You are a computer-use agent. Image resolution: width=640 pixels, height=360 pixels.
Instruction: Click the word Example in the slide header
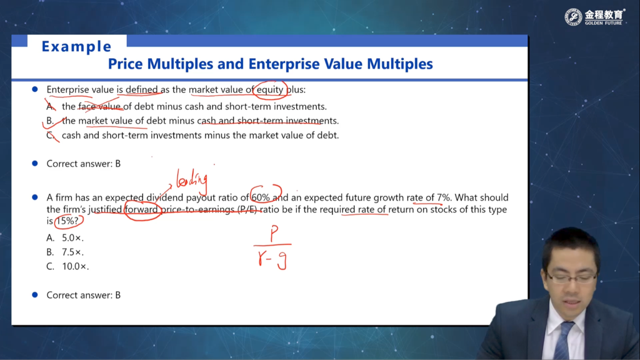click(76, 46)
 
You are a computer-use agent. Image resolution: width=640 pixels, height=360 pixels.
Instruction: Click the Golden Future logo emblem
click(573, 17)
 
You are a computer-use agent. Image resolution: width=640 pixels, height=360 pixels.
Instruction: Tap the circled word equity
click(270, 89)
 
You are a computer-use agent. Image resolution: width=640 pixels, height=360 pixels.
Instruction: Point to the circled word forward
click(141, 209)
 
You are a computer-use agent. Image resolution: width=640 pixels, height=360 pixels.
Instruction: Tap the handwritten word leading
click(192, 180)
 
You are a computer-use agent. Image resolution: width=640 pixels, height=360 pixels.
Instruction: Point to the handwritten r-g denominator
click(272, 259)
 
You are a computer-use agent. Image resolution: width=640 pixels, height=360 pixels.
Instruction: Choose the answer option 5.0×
click(72, 238)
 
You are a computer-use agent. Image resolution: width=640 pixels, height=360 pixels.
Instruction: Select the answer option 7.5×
click(72, 252)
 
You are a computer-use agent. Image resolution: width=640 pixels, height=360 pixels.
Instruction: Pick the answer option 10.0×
click(75, 266)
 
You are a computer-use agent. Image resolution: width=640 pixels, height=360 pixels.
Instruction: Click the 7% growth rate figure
click(443, 197)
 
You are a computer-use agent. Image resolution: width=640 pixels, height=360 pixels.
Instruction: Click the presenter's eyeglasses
click(571, 278)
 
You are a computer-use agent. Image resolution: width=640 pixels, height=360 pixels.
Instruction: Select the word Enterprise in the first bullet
click(67, 90)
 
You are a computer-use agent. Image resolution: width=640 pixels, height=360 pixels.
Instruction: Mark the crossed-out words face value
click(100, 106)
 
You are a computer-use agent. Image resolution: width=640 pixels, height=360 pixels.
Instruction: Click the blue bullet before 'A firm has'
click(35, 197)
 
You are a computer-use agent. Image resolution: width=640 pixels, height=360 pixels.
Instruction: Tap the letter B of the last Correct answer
click(118, 295)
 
